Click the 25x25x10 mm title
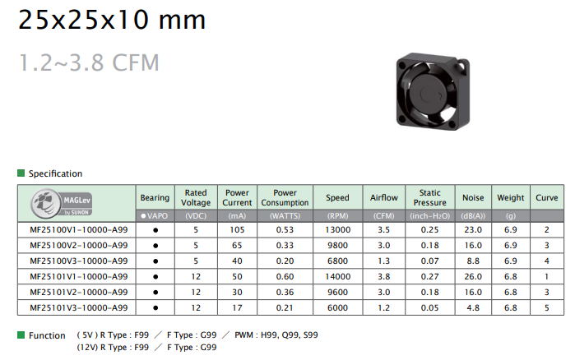pyautogui.click(x=112, y=20)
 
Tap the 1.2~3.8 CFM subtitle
pyautogui.click(x=89, y=62)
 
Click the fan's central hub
pyautogui.click(x=426, y=94)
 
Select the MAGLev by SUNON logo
pyautogui.click(x=61, y=203)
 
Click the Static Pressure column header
pyautogui.click(x=429, y=198)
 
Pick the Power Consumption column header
pyautogui.click(x=285, y=198)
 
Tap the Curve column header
pyautogui.click(x=546, y=198)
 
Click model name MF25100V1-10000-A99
pyautogui.click(x=79, y=230)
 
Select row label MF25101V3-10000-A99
pyautogui.click(x=79, y=308)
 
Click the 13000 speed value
pyautogui.click(x=338, y=230)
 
